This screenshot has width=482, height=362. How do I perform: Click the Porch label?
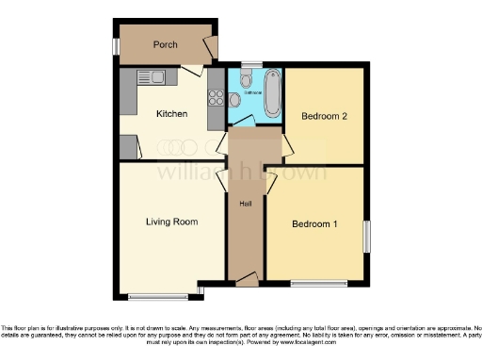tap(166, 44)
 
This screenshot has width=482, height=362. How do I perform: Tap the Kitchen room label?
tap(172, 114)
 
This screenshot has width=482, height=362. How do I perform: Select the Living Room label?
tap(171, 222)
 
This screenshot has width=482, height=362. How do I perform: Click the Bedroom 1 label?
tap(314, 224)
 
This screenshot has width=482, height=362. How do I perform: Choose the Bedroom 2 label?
tap(325, 117)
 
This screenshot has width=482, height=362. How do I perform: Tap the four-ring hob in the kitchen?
tap(212, 97)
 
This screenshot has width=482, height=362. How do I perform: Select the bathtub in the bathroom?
tap(272, 94)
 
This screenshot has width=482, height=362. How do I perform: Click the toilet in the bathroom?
tap(247, 80)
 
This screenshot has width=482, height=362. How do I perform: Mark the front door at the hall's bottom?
tap(247, 279)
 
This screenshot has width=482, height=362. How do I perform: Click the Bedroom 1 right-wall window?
tap(367, 237)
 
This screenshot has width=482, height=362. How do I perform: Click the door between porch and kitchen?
tap(192, 69)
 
